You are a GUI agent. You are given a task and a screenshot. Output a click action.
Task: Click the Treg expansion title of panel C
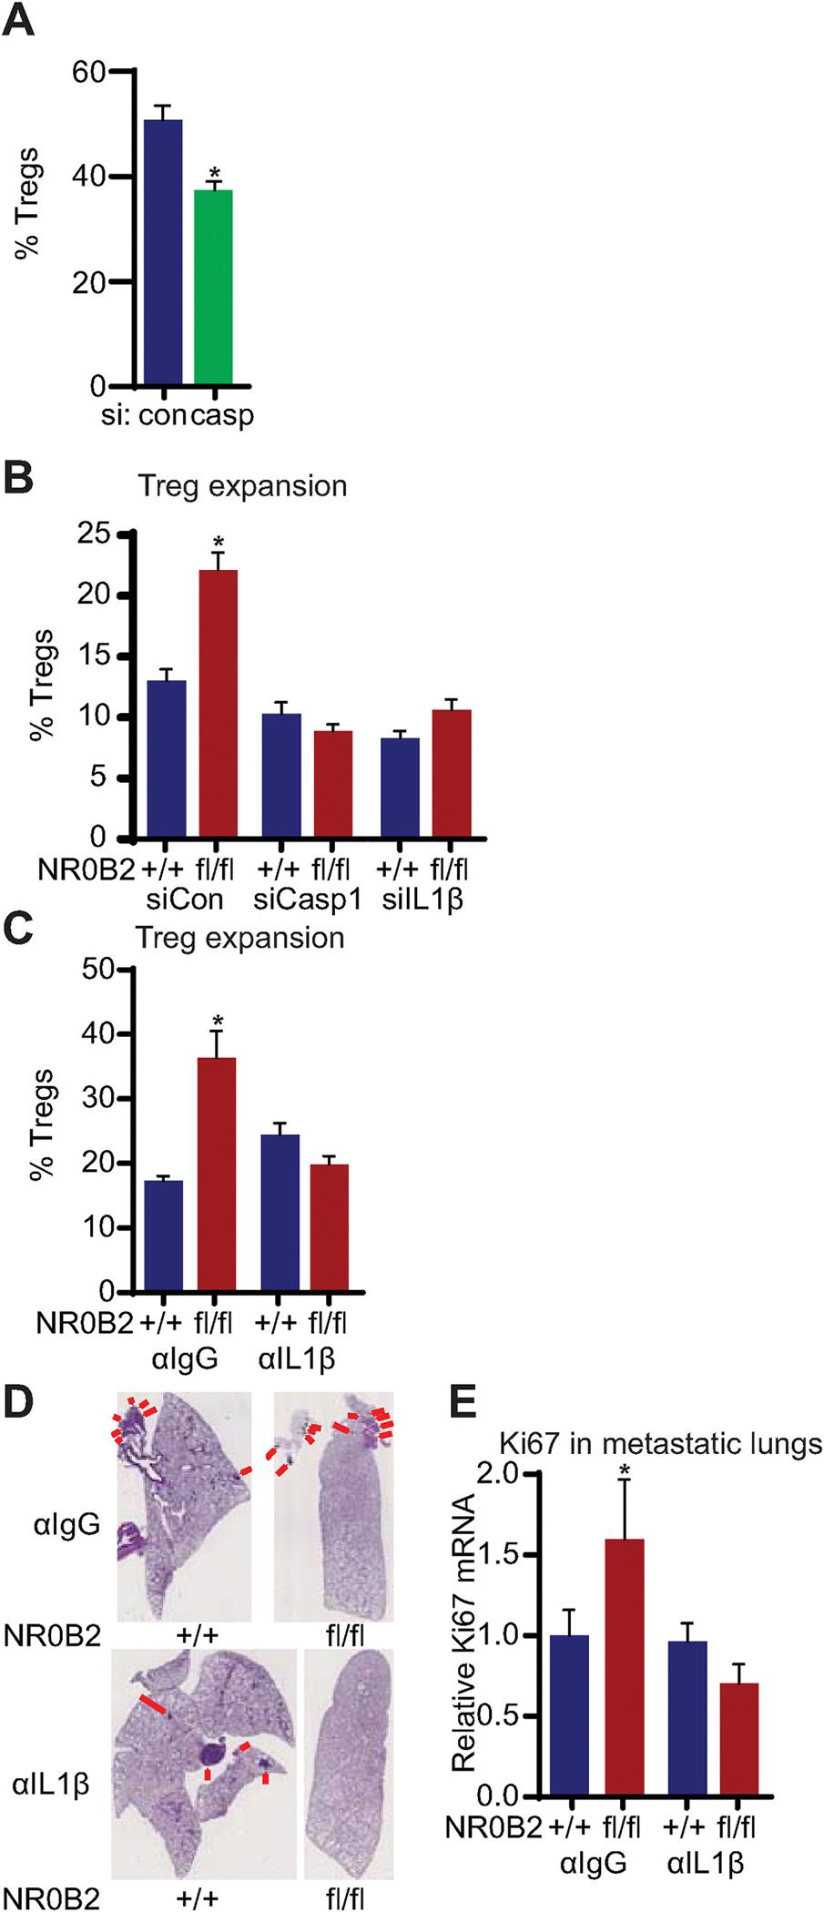[241, 938]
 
